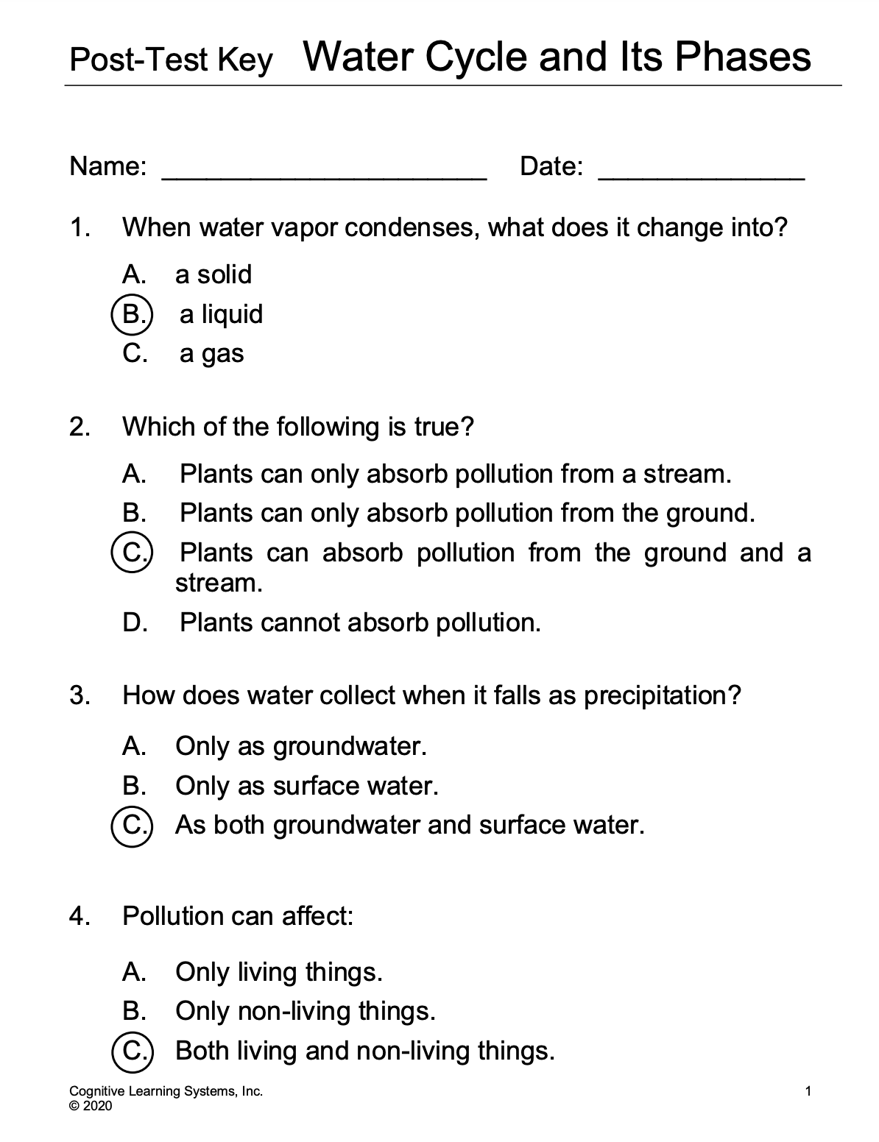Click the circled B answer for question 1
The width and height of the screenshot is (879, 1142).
pos(133,314)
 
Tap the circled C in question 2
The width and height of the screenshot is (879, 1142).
pos(133,553)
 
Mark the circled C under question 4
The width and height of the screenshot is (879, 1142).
pos(133,1050)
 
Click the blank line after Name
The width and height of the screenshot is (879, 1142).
pos(324,175)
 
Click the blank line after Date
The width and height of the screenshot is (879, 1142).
pos(702,175)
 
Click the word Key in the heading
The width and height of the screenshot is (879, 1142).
pos(245,60)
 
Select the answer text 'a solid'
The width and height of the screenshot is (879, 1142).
pos(213,274)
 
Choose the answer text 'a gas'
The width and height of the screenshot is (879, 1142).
pos(211,354)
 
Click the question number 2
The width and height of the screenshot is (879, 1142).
pos(79,426)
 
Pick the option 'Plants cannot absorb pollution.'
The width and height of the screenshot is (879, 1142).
pos(360,623)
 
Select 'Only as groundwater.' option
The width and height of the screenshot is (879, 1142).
pos(301,746)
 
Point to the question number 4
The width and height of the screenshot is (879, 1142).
pos(79,916)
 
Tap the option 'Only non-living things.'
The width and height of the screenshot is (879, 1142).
pos(306,1011)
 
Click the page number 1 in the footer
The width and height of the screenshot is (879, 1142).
pos(808,1091)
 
